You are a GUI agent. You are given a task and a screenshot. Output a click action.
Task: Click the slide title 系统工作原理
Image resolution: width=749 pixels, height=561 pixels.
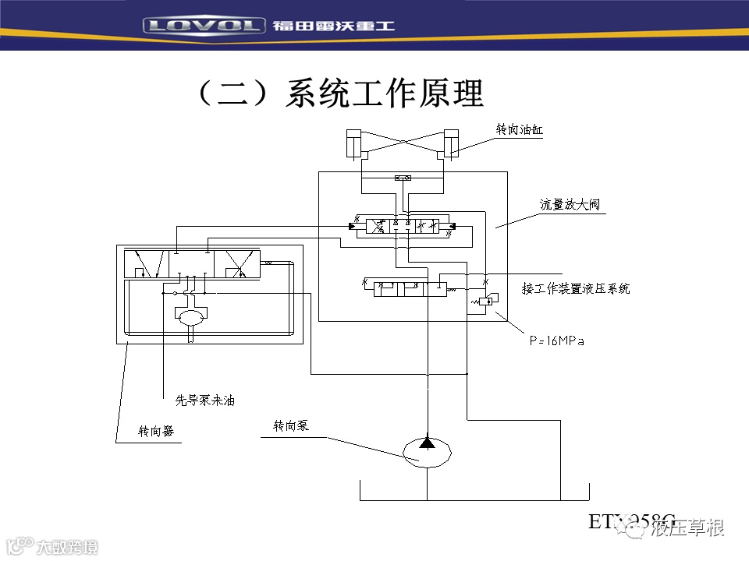pos(341,93)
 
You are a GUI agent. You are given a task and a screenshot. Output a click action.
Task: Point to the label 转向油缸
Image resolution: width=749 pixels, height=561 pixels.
pos(519,130)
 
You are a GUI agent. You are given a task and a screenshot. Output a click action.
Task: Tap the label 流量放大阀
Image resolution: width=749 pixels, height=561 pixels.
pos(570,206)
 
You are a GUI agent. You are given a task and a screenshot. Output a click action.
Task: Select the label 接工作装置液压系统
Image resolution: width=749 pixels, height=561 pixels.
pos(576,288)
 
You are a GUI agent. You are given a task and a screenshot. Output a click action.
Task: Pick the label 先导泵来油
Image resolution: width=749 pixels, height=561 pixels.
pos(204,400)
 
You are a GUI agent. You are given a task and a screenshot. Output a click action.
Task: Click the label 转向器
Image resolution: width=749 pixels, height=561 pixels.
pos(156,431)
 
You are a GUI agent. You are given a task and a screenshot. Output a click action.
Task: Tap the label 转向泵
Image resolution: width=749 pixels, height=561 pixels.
pos(291,426)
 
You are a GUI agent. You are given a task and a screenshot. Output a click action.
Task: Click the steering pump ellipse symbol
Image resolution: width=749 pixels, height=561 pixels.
pos(427,453)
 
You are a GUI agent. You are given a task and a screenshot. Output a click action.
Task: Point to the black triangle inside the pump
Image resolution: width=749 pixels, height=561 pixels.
pos(427,443)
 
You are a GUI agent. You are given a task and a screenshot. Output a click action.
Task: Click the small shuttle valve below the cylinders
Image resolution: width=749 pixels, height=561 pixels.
pos(403,178)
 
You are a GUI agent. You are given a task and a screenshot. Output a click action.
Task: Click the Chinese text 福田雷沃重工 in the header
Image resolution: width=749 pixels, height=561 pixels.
pos(334,26)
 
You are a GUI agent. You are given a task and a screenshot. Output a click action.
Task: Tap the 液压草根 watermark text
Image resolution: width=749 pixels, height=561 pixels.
pos(688,528)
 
